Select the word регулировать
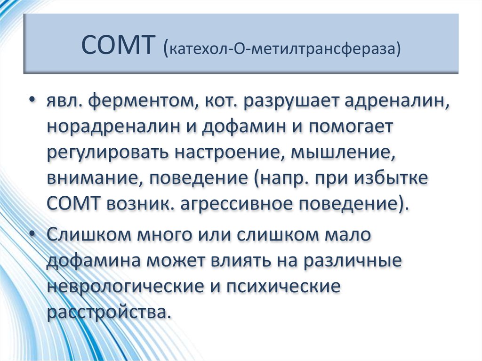tap(108, 154)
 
